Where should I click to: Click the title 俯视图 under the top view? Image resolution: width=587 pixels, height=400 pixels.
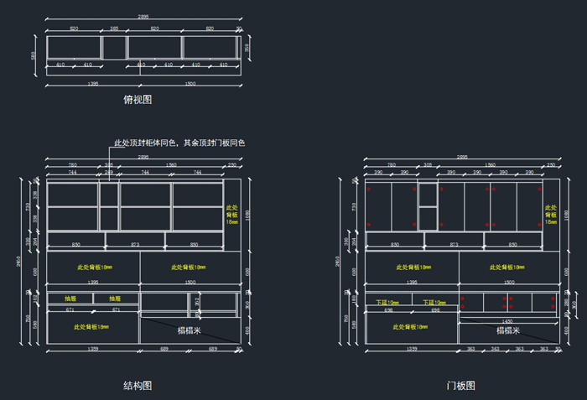(x=138, y=100)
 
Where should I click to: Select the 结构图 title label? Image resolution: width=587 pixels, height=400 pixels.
(x=138, y=386)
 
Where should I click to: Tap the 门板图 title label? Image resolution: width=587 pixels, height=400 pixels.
(x=460, y=386)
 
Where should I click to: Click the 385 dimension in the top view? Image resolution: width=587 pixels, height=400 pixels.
(x=114, y=29)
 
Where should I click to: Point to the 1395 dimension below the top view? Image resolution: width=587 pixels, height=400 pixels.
(x=93, y=84)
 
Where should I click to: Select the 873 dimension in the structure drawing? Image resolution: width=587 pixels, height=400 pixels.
(x=135, y=245)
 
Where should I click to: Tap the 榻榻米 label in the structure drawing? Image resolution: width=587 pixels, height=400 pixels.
(x=188, y=330)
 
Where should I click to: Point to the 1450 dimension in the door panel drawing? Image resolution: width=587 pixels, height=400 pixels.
(x=507, y=322)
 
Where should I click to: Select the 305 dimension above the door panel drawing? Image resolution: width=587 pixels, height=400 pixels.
(x=428, y=165)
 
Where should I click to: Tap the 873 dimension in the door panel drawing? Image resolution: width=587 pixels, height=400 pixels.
(x=455, y=245)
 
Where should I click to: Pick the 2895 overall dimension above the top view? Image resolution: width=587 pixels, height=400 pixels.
(x=143, y=18)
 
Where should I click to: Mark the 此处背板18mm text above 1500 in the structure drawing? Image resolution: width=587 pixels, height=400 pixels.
(x=189, y=268)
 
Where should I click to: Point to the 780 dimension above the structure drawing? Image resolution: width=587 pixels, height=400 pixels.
(x=72, y=165)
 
